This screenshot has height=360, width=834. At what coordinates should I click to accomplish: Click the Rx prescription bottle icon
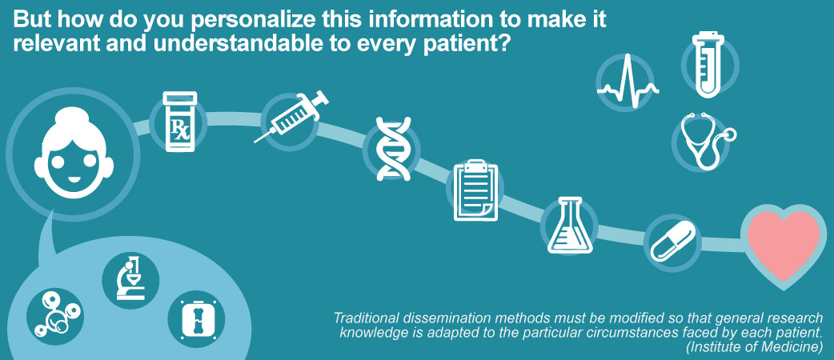180,122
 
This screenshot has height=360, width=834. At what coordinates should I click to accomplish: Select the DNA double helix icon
393,148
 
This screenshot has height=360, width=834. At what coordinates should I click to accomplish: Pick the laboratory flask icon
570,225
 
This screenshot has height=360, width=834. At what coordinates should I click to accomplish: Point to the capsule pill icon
672,242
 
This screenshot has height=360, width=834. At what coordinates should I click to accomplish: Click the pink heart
784,245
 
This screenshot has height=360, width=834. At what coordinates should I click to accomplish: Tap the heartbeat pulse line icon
628,81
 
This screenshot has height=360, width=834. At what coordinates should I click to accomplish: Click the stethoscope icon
704,141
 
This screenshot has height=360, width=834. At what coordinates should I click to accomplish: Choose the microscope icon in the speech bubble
130,278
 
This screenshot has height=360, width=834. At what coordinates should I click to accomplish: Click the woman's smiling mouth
74,179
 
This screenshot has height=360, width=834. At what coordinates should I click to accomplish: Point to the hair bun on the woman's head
74,116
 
